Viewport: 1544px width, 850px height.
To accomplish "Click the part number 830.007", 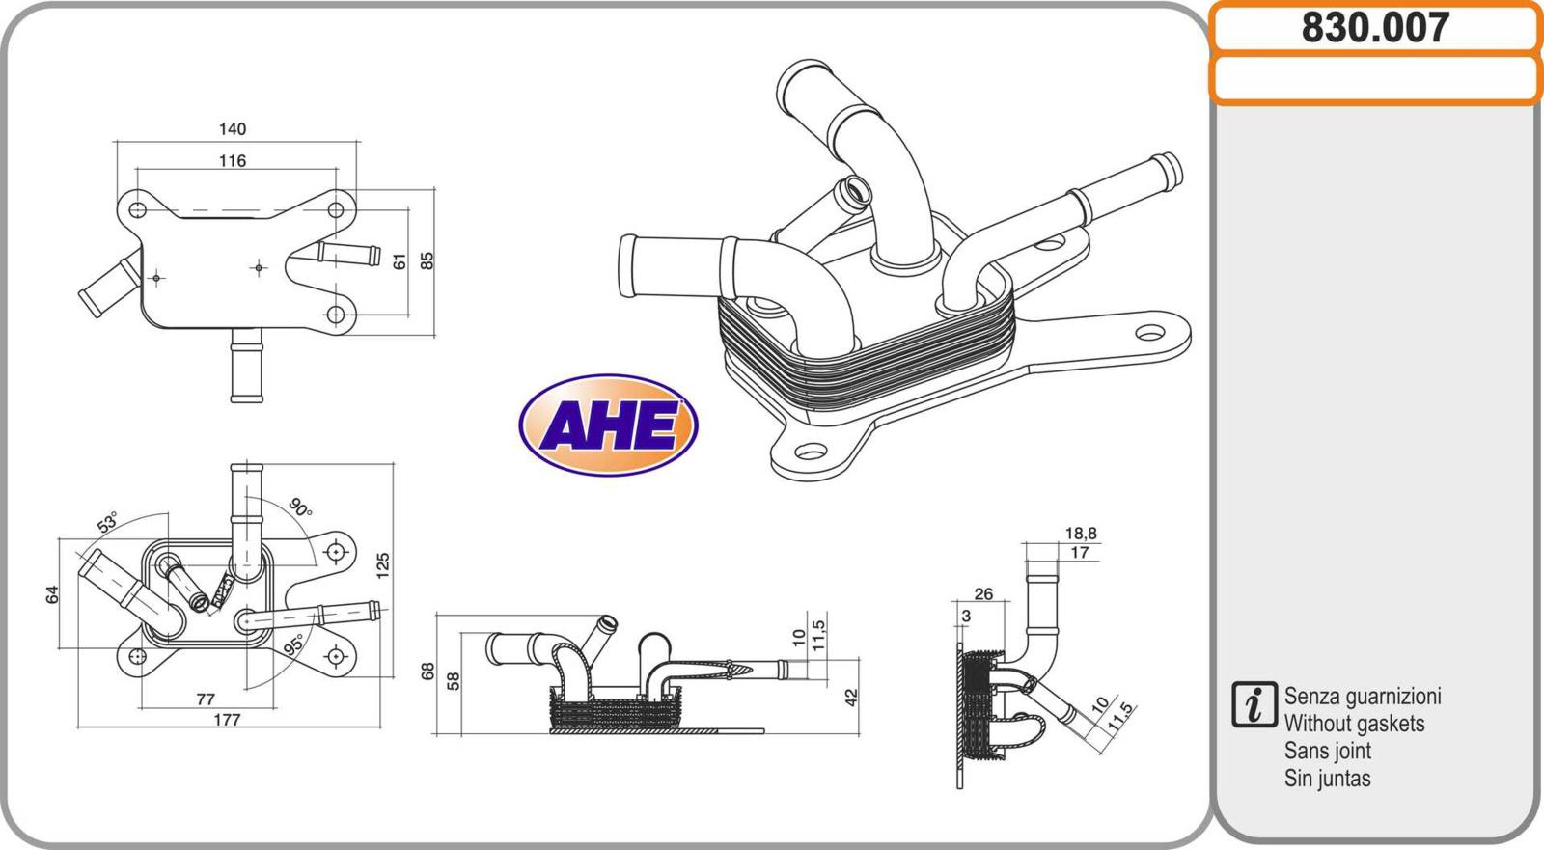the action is pos(1375,28).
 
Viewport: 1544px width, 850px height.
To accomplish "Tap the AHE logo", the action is pos(608,425).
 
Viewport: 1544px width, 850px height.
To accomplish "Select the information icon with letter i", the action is pos(1254,704).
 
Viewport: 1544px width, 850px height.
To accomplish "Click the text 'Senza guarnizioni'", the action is pos(1362,697).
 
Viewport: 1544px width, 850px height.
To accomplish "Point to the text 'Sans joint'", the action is pos(1328,751).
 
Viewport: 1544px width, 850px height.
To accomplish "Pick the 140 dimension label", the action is pos(233,129).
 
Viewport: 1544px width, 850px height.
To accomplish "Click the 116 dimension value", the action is pos(233,160).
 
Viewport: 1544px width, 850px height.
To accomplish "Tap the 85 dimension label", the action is pos(427,260).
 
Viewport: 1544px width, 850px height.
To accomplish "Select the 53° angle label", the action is pos(107,523).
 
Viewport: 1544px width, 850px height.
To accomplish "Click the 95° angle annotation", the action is pos(293,644).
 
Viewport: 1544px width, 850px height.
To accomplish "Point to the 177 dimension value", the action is pos(227,720).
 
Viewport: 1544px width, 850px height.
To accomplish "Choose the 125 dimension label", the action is pos(383,566).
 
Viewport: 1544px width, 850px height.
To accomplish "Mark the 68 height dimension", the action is pos(427,671).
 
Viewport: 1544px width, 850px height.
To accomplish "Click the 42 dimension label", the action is pos(852,697).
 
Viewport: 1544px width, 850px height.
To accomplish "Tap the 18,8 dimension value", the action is pos(1081,533).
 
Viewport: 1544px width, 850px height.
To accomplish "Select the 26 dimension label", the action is pos(983,593).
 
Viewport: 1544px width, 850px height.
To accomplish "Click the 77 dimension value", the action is pos(206,699).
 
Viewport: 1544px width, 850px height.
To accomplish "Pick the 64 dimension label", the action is pos(52,594).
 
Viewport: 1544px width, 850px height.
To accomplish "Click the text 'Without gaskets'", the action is pos(1355,724).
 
